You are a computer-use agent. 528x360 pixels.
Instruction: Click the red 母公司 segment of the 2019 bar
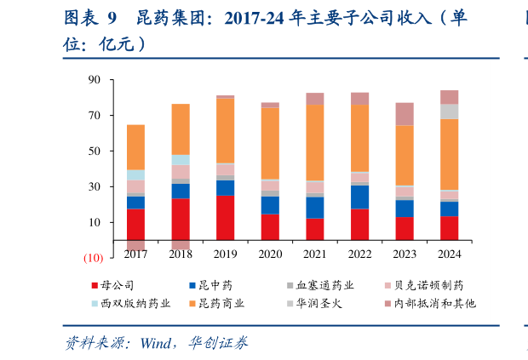pos(225,218)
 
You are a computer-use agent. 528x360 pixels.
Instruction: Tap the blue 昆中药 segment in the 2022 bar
pos(359,197)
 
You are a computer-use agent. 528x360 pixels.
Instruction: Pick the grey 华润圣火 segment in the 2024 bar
pos(449,111)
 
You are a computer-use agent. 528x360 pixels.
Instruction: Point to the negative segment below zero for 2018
pos(180,245)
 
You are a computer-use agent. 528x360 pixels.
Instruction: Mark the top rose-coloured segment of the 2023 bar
pos(405,114)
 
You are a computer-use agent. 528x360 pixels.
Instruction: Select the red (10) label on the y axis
pos(92,258)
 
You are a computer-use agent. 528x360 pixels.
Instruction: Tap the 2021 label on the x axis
pos(315,254)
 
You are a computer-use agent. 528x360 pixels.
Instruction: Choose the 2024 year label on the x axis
pos(449,254)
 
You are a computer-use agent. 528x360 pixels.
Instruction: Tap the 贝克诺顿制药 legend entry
pos(435,285)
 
